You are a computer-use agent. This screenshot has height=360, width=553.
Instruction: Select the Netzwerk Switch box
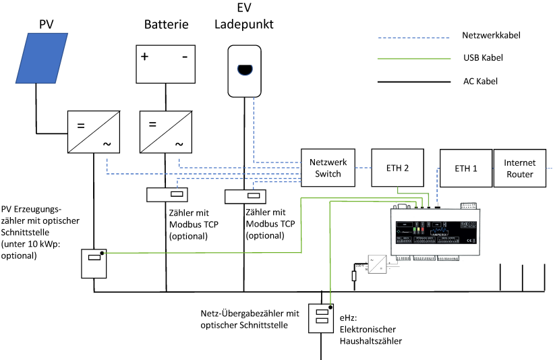point(328,168)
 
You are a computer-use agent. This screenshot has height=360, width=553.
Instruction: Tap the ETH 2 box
point(398,168)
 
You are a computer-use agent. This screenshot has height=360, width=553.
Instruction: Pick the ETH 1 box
point(465,168)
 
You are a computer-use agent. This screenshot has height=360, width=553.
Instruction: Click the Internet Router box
point(519,168)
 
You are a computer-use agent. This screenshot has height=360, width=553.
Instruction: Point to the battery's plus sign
point(145,57)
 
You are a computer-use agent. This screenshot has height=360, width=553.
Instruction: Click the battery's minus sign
point(184,57)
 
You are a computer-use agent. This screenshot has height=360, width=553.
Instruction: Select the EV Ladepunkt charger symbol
point(243,70)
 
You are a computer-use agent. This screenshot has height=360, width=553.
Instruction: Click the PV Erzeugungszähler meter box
point(94,264)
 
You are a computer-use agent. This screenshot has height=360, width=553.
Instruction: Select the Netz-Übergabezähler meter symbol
point(321,318)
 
